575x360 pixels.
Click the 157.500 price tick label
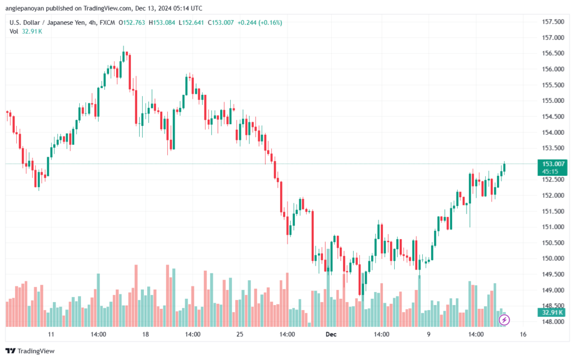(x=553, y=22)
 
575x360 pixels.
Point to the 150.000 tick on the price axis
(x=553, y=258)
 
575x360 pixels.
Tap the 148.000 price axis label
(x=553, y=321)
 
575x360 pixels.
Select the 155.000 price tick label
(x=553, y=101)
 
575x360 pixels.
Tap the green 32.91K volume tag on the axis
(x=553, y=312)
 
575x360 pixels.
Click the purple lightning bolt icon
(x=504, y=320)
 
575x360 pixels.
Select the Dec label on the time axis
(x=331, y=334)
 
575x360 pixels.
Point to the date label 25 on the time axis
(x=240, y=334)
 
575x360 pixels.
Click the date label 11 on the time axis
(x=51, y=334)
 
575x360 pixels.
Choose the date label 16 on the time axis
(x=523, y=334)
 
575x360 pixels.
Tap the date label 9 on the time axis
(x=428, y=334)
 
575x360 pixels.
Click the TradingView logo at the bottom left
(x=30, y=351)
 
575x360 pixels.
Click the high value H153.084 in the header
(x=162, y=22)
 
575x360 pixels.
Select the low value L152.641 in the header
(x=191, y=22)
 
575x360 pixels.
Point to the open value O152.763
(x=131, y=22)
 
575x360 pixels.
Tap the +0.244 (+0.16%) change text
(x=259, y=22)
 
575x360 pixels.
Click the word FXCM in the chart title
(x=107, y=22)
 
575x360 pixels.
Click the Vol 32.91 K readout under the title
(x=26, y=31)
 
